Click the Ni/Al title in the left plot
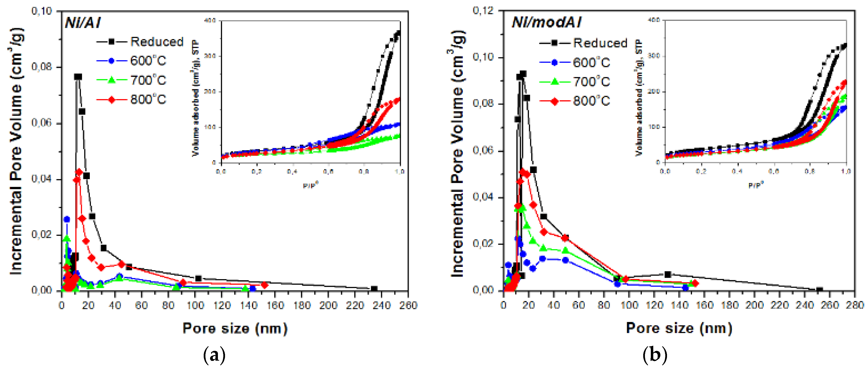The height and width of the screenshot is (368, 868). click(83, 23)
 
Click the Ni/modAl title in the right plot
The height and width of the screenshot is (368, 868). click(546, 23)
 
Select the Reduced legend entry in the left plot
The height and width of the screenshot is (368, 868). click(157, 42)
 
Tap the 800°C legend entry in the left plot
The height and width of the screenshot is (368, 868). click(148, 100)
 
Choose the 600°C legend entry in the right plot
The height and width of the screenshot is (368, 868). click(591, 63)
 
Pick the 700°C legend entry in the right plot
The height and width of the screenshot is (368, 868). click(591, 82)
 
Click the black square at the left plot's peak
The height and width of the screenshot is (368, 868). click(78, 77)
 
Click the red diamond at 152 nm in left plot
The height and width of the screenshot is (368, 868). click(264, 285)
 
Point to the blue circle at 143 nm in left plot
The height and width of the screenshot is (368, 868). click(253, 289)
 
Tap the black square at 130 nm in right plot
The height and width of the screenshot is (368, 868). click(668, 275)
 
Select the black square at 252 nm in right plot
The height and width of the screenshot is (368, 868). click(820, 290)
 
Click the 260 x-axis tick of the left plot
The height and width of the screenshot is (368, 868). click(408, 305)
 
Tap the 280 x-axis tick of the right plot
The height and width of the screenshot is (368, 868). click(855, 305)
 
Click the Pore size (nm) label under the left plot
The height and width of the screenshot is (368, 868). click(235, 328)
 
